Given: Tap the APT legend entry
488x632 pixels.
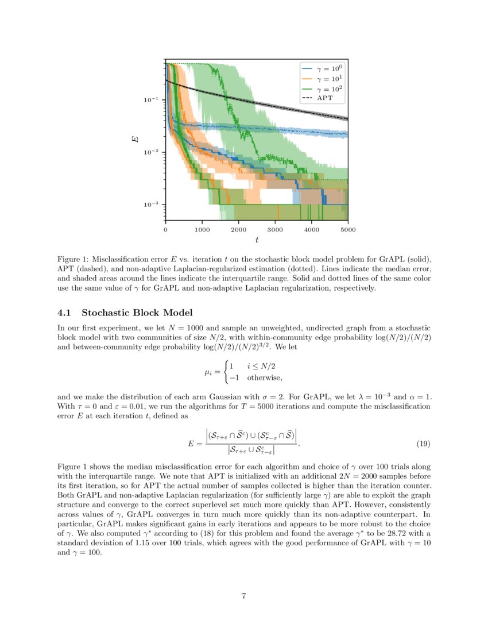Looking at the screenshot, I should (x=323, y=98).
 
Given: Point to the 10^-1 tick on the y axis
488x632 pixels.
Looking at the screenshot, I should (x=152, y=100).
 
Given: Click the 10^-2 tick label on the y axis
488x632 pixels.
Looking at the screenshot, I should (x=152, y=152).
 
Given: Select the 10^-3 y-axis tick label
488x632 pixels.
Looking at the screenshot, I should (x=152, y=205).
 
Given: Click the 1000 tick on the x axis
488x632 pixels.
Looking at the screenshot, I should (x=202, y=229).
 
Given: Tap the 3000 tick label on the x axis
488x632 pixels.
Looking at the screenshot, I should (x=275, y=229).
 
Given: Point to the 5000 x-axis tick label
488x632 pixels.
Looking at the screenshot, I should (x=348, y=229).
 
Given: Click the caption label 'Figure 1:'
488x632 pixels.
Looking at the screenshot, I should (x=73, y=260).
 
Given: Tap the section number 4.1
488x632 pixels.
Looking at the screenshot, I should (x=66, y=313).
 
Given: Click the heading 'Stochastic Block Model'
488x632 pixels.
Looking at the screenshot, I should (x=137, y=313).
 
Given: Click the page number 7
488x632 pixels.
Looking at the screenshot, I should (x=244, y=596).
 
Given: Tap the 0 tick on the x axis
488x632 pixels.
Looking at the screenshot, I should (x=165, y=229).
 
